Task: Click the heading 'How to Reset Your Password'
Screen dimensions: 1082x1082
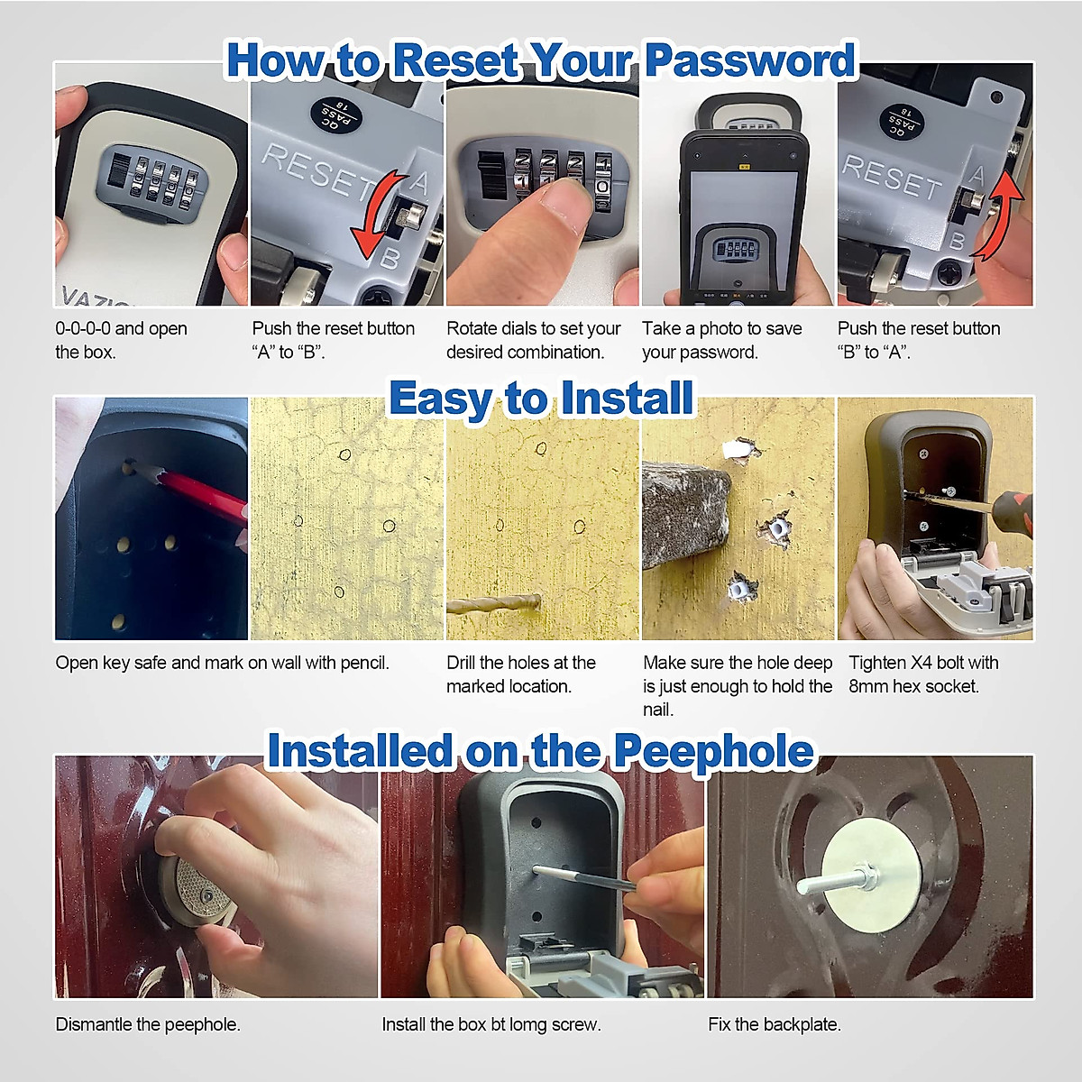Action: pyautogui.click(x=540, y=61)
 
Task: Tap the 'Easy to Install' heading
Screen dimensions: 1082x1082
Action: pyautogui.click(x=541, y=399)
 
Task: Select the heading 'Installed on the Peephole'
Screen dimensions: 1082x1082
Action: pyautogui.click(x=540, y=751)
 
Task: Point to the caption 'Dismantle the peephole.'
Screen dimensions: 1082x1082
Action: pyautogui.click(x=148, y=1024)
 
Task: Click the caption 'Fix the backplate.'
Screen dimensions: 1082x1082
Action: pyautogui.click(x=774, y=1024)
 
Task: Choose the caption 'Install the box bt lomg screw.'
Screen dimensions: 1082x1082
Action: pyautogui.click(x=491, y=1024)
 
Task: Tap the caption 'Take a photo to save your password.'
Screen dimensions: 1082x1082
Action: pyautogui.click(x=721, y=340)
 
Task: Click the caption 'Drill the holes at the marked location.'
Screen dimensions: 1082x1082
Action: pyautogui.click(x=521, y=674)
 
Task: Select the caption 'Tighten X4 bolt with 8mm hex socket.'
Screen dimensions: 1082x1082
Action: pyautogui.click(x=923, y=674)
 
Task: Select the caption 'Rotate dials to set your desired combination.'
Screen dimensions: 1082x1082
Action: pyautogui.click(x=533, y=340)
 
